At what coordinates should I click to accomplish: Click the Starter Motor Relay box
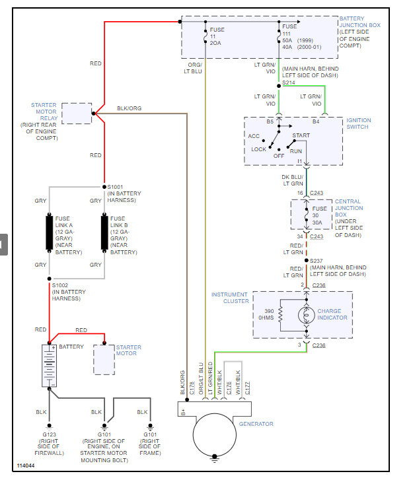pyautogui.click(x=77, y=113)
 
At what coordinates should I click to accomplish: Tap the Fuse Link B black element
pyautogui.click(x=104, y=233)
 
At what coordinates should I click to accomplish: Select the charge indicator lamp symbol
pyautogui.click(x=306, y=314)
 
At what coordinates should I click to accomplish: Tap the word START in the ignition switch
pyautogui.click(x=301, y=136)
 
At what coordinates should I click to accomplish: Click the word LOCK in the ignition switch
pyautogui.click(x=258, y=149)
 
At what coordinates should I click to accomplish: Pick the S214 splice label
pyautogui.click(x=289, y=84)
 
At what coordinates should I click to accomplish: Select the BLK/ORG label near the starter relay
pyautogui.click(x=129, y=108)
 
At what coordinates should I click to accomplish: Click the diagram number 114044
pyautogui.click(x=26, y=465)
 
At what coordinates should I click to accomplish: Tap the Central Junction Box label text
pyautogui.click(x=349, y=215)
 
